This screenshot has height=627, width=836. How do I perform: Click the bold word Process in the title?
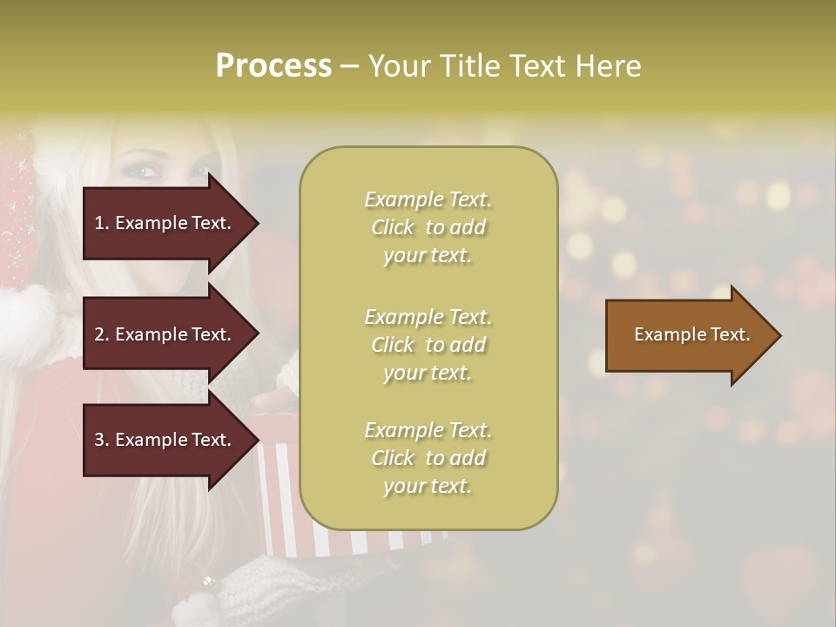273,66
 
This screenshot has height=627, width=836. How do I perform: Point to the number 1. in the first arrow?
102,223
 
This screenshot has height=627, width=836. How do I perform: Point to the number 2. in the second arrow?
102,334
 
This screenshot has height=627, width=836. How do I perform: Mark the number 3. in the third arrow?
102,440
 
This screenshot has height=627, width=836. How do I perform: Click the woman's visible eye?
145,172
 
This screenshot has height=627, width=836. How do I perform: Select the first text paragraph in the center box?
428,227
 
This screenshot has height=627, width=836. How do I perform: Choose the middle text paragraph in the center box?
428,345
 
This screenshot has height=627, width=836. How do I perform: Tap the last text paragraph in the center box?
428,458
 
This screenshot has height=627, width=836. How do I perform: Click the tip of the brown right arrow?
778,335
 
